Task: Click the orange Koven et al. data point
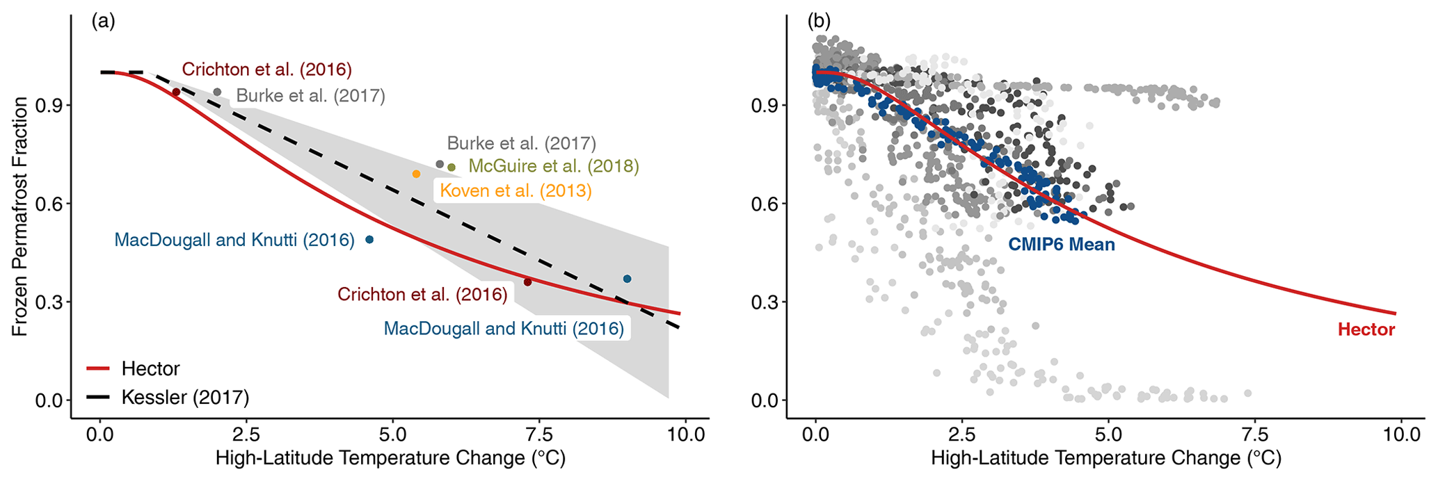tap(416, 174)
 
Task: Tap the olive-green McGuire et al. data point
tap(452, 167)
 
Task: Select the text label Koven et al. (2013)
tap(516, 191)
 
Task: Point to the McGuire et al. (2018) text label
tap(553, 166)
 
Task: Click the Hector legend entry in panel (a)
tap(150, 368)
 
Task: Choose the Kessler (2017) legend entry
tap(185, 398)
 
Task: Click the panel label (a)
tap(103, 21)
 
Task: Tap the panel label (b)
tap(818, 21)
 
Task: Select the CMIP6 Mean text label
tap(1062, 245)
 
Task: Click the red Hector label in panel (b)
tap(1366, 329)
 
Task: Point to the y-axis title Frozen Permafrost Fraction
tap(20, 217)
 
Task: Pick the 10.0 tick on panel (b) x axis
tap(1400, 436)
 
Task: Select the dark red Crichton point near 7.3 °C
tap(527, 282)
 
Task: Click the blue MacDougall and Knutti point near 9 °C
tap(627, 279)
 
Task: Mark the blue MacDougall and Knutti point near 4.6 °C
tap(369, 239)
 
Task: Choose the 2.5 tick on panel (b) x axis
tap(961, 436)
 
